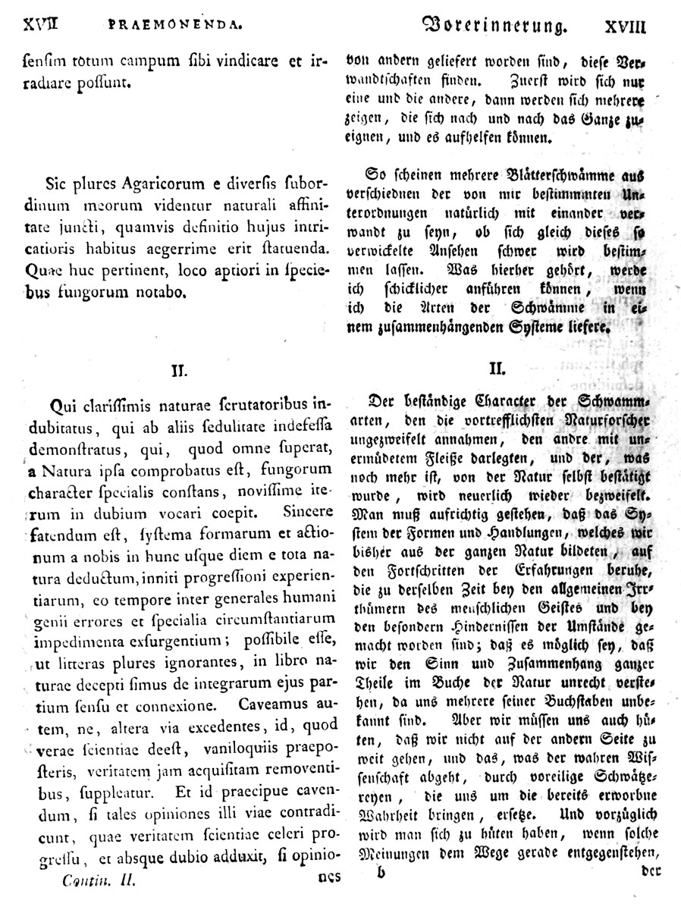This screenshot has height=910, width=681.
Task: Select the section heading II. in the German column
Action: pos(497,369)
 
